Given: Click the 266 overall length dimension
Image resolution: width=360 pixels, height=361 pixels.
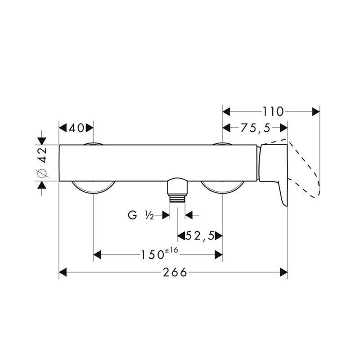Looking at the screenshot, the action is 175,272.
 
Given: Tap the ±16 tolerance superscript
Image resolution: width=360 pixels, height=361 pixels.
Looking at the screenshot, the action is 171,250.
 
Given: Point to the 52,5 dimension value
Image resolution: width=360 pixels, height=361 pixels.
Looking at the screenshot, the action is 200,236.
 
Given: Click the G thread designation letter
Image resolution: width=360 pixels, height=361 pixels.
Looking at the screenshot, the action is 132,215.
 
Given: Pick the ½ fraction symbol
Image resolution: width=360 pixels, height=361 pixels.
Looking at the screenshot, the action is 149,215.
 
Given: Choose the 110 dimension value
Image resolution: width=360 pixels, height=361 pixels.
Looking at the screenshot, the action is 273,111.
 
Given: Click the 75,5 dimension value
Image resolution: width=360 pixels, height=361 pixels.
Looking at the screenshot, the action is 255,128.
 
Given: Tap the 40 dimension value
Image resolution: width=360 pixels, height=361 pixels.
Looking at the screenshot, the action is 77,128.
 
